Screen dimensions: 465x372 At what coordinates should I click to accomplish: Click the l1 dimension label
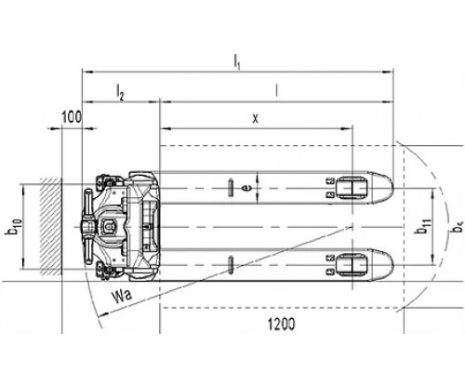coord(237,60)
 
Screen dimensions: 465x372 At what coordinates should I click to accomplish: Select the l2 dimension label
coord(120,92)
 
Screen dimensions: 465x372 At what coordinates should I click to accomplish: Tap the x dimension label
coord(255,118)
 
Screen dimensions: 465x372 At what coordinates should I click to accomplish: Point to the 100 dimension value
coord(72,117)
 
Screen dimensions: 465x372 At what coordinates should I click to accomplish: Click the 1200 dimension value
coord(282,325)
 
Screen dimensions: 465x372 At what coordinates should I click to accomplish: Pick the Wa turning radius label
coord(122,296)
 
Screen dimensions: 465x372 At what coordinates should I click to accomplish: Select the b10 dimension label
coord(14,227)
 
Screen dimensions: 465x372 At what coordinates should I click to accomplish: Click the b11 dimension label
coord(423,227)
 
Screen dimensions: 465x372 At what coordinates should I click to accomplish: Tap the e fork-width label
coord(246,188)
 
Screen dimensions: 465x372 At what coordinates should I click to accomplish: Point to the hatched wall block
coord(50,227)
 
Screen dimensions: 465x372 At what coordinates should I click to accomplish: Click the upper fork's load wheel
coord(352,188)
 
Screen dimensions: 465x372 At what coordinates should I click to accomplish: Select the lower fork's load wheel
coord(352,265)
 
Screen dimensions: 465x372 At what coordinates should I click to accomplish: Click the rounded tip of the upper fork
coord(393,188)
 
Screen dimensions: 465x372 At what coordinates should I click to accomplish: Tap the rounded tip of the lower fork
coord(393,265)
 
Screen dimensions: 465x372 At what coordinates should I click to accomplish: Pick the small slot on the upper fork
coord(231,188)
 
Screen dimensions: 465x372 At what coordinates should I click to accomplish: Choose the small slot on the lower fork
coord(231,265)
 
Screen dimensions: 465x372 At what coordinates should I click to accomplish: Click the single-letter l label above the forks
coord(277,90)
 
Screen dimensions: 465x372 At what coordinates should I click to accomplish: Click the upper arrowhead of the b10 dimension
coord(23,189)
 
